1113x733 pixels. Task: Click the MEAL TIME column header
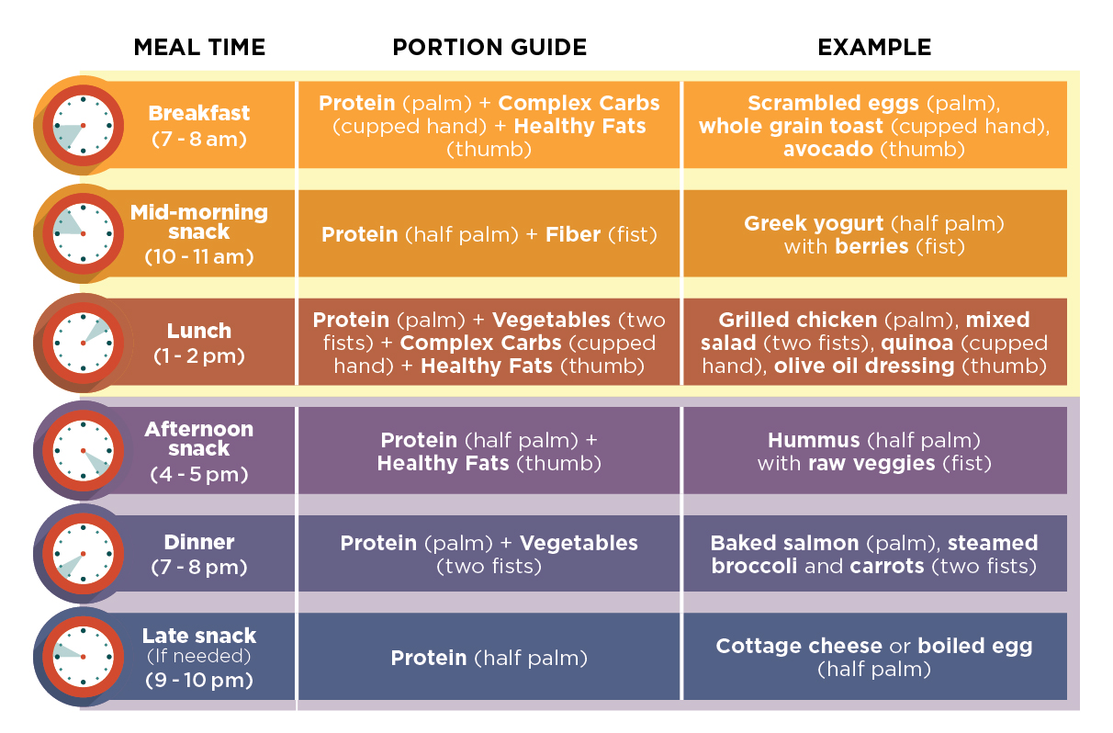(199, 48)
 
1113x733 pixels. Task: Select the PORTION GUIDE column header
(489, 48)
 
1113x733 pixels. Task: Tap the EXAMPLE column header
(874, 48)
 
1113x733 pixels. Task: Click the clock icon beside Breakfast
(83, 125)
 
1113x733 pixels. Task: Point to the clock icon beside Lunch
(83, 342)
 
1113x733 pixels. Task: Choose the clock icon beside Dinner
(83, 554)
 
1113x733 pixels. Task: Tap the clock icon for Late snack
(83, 656)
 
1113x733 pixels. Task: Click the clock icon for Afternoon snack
(83, 450)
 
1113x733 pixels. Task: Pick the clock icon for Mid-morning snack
(83, 233)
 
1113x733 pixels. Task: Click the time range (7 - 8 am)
(199, 140)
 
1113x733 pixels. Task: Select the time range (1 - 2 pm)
(199, 355)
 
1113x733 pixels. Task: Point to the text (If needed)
(199, 657)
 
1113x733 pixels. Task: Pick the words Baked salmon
(784, 543)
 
